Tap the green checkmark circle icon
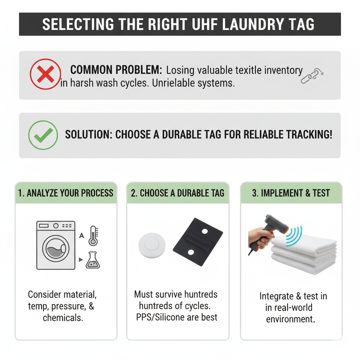tap(43, 135)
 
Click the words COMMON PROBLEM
tap(116, 70)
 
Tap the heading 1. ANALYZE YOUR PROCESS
tap(66, 193)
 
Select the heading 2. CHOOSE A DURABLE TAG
tap(178, 193)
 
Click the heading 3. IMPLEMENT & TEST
tap(291, 193)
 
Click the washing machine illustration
tap(56, 245)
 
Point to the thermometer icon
tap(94, 236)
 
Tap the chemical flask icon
tap(93, 260)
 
